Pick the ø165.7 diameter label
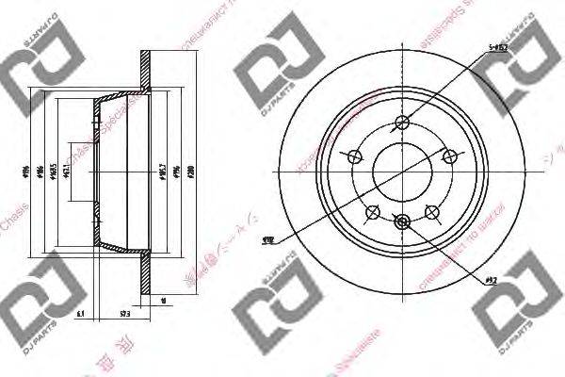163,172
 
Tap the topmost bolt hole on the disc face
405,122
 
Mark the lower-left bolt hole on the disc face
375,213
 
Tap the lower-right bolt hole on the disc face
434,213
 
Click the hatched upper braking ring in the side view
144,71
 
